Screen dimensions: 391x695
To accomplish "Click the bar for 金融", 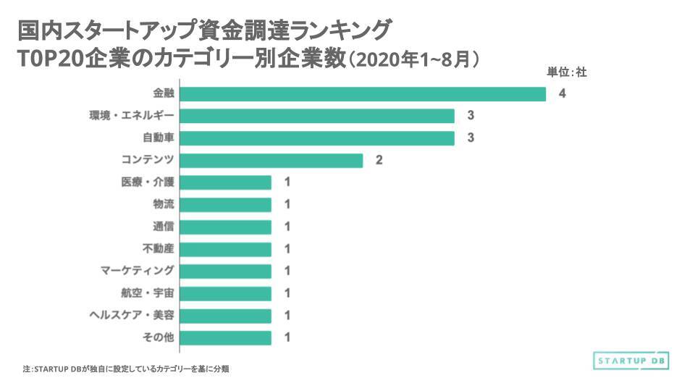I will (x=362, y=94).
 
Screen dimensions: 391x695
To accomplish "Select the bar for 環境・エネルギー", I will (x=316, y=116).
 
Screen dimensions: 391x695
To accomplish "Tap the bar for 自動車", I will (x=316, y=138).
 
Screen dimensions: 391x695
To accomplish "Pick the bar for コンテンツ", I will (x=271, y=160).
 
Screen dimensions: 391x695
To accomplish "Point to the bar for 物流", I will (x=225, y=205).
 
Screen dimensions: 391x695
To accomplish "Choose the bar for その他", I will (x=225, y=337).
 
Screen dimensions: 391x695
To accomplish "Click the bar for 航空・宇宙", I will (x=225, y=293).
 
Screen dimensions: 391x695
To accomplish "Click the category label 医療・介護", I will (x=148, y=182).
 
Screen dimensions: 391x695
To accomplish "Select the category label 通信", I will (x=164, y=227).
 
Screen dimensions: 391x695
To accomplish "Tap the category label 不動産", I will (x=159, y=249).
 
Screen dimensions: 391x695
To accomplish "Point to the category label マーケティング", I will (x=138, y=271).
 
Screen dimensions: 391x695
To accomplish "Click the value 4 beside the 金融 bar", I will (x=562, y=94).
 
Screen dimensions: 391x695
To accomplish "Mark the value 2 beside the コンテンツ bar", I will (x=379, y=160).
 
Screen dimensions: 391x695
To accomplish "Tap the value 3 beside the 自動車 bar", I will (x=470, y=138).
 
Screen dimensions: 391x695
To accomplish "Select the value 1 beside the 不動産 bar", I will (x=287, y=249).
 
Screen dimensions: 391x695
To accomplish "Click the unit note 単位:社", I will (x=566, y=72).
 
